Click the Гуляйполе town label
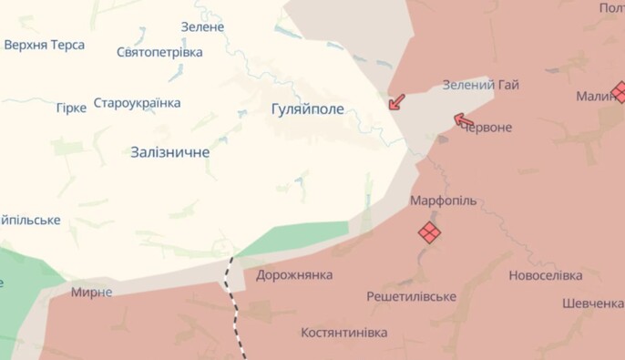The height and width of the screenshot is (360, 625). click(x=308, y=109)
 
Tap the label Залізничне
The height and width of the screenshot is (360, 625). click(x=169, y=152)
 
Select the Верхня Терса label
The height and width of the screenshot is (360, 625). click(x=45, y=45)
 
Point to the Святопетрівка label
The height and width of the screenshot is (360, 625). click(x=159, y=52)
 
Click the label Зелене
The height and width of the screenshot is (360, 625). click(x=202, y=26)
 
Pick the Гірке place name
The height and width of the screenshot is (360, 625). click(x=71, y=108)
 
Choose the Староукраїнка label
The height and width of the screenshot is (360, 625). click(x=137, y=103)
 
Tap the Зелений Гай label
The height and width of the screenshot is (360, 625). click(x=480, y=85)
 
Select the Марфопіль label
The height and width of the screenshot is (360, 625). click(x=443, y=201)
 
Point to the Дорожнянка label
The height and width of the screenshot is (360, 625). click(x=294, y=274)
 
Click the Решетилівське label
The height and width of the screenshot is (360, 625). click(x=411, y=297)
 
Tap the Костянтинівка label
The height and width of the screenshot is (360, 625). click(x=343, y=333)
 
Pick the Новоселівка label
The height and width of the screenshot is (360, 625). click(x=545, y=275)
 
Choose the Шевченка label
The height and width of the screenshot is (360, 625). click(x=593, y=303)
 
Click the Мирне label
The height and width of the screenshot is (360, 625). click(x=92, y=292)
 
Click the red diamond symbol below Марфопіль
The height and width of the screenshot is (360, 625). click(x=429, y=232)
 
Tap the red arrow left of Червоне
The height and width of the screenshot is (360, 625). click(x=464, y=119)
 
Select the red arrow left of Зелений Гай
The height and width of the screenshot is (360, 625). click(x=396, y=101)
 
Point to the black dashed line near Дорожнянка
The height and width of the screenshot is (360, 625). click(x=234, y=301)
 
